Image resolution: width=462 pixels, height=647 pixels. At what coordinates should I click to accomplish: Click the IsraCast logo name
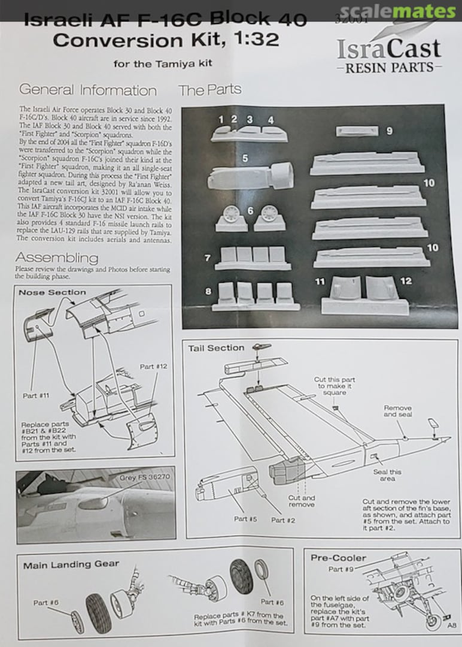tap(389, 48)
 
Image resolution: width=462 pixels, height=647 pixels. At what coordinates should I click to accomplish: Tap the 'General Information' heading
tap(88, 90)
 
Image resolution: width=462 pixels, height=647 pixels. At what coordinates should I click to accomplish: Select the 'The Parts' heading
tap(209, 90)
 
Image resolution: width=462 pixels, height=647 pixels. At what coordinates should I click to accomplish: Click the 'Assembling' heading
tap(57, 258)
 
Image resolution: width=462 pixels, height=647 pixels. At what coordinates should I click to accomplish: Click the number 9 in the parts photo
tap(389, 130)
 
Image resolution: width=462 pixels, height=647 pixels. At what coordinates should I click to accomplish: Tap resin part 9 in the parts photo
tap(357, 131)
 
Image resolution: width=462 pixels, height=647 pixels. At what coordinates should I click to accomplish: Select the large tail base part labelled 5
tap(250, 175)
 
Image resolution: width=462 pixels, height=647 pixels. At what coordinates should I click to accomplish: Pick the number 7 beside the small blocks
tap(207, 258)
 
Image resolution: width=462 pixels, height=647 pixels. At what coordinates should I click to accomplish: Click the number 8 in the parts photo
tap(208, 292)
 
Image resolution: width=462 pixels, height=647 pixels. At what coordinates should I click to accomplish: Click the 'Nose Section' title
tap(52, 292)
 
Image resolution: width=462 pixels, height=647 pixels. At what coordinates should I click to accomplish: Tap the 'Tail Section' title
tap(216, 348)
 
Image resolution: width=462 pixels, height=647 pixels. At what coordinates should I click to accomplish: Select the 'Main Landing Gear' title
tap(71, 564)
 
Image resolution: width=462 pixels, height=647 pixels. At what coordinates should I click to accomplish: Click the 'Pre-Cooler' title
tap(338, 558)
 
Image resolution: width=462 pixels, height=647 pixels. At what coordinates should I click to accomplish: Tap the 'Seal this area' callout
tap(387, 476)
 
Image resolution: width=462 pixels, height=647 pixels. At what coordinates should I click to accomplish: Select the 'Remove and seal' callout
tap(398, 412)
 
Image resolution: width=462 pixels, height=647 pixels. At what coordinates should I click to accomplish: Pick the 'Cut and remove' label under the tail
tap(301, 501)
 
